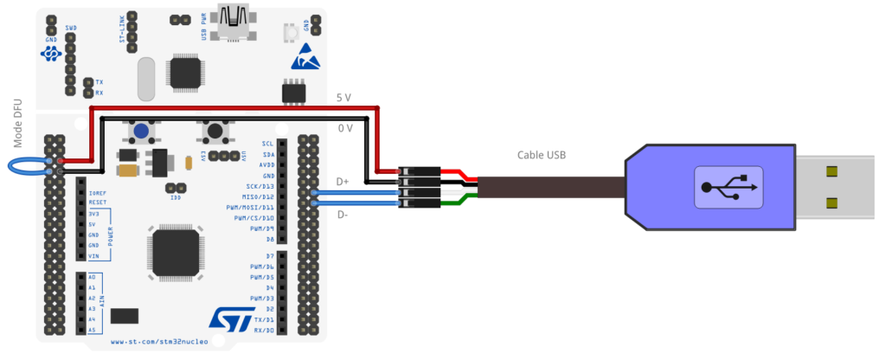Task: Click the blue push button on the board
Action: click(x=141, y=132)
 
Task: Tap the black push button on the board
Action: click(x=213, y=132)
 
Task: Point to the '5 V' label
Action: click(x=344, y=98)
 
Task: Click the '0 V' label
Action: click(x=344, y=128)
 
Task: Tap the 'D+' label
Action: click(x=343, y=182)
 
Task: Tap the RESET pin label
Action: click(x=97, y=202)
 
